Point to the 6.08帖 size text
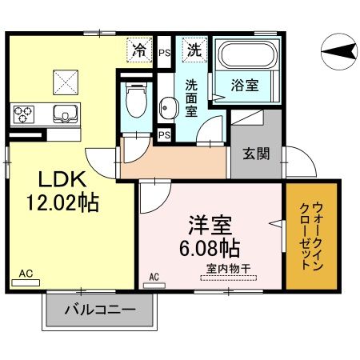210,246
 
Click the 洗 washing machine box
194,49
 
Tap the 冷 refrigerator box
140,50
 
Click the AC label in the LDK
26,274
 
